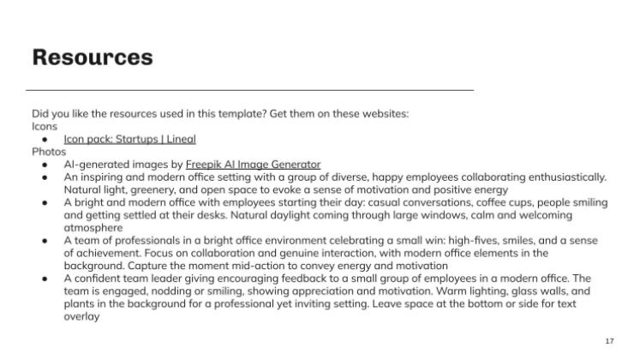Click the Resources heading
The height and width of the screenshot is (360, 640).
click(x=93, y=57)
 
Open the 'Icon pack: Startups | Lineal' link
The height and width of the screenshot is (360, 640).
click(x=129, y=139)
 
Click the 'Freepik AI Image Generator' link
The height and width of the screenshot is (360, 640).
click(x=253, y=164)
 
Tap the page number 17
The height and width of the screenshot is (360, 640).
click(x=609, y=341)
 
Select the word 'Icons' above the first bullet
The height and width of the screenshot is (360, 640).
click(x=44, y=126)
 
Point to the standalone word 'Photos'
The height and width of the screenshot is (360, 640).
click(x=49, y=151)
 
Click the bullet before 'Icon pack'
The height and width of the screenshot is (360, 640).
click(x=45, y=139)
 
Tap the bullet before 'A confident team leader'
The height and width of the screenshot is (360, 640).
click(x=45, y=279)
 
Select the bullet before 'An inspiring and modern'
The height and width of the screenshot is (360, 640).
click(x=45, y=177)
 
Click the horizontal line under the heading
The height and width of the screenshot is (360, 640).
click(x=249, y=89)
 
